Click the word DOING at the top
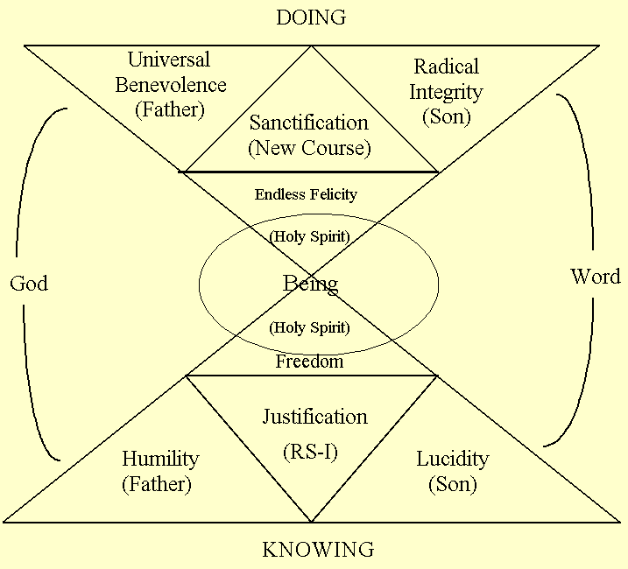point(311,18)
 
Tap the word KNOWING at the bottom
point(318,550)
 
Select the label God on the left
point(29,283)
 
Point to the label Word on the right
point(596,277)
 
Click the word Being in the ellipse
point(310,284)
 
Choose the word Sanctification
point(309,123)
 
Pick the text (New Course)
point(309,148)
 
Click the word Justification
point(315,417)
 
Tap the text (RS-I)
point(311,452)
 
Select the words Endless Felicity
point(306,194)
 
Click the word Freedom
point(309,361)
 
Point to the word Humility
point(160,459)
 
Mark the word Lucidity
point(452,459)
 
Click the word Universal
point(169,60)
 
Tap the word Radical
point(447,67)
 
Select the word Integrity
point(447,90)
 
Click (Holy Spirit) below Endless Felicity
point(309,237)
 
